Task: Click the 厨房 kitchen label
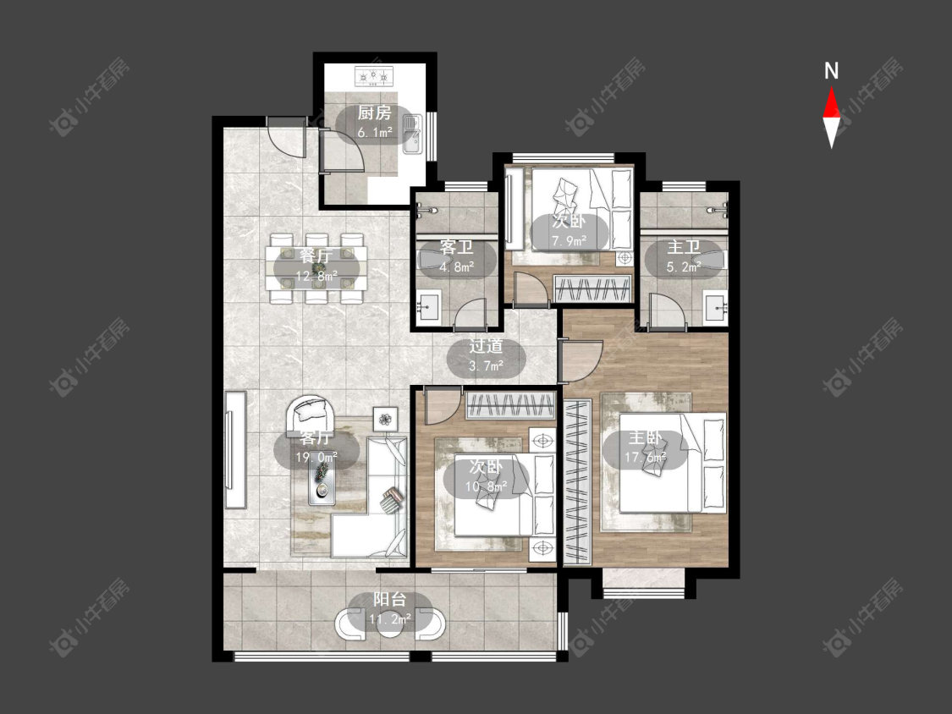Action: point(374,113)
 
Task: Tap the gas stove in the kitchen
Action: point(374,76)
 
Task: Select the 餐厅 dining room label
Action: point(316,255)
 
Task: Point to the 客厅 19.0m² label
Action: point(316,448)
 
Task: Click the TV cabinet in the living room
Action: point(235,449)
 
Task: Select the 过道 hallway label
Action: point(487,346)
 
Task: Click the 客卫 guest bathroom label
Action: point(457,247)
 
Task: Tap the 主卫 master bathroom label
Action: point(684,247)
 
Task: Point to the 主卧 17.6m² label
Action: point(646,448)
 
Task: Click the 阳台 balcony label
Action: point(390,600)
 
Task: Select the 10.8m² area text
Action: point(487,486)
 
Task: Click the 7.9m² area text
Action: point(569,241)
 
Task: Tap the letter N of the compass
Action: point(831,72)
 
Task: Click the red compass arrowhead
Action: point(831,103)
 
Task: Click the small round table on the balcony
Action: point(390,624)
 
